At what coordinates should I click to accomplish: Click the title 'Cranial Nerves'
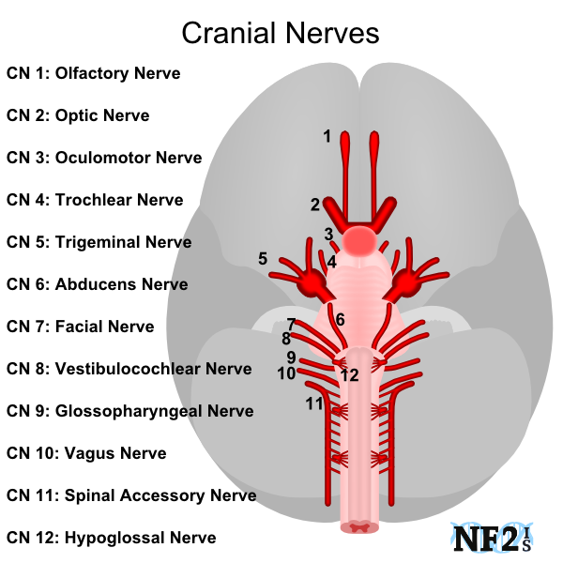click(280, 34)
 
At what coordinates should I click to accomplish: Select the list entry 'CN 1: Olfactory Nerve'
click(93, 73)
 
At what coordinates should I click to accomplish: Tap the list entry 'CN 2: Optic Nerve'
click(78, 115)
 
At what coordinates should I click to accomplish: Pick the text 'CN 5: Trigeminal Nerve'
click(99, 242)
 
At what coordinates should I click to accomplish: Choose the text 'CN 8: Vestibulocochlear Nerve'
click(129, 369)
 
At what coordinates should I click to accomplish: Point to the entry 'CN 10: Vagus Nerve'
click(86, 453)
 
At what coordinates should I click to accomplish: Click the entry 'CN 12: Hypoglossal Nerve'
click(111, 538)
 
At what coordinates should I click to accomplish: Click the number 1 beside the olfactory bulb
click(327, 136)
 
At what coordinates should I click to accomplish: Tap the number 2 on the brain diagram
click(315, 204)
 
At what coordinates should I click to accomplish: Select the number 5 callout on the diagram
click(263, 258)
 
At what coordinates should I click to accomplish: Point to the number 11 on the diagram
click(313, 403)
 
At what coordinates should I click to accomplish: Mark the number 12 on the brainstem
click(349, 375)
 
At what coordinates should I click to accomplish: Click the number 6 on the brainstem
click(340, 320)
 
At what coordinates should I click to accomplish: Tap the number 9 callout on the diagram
click(292, 357)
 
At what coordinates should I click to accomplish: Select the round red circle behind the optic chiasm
click(360, 242)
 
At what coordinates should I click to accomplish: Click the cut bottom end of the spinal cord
click(360, 528)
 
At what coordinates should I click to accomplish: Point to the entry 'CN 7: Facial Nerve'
click(81, 327)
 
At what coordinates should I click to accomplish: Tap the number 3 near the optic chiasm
click(328, 234)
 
